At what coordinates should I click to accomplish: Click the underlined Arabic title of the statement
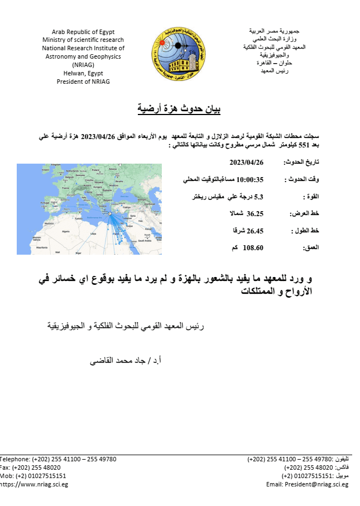[x=180, y=109]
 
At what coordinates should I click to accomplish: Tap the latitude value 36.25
[x=255, y=213]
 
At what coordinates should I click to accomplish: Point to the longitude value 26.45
[x=255, y=230]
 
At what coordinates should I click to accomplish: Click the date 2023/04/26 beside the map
[x=246, y=163]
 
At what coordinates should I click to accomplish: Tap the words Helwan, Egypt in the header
[x=83, y=73]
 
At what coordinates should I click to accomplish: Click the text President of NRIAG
[x=83, y=82]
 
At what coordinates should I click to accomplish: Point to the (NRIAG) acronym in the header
[x=83, y=65]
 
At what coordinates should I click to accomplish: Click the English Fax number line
[x=30, y=467]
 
